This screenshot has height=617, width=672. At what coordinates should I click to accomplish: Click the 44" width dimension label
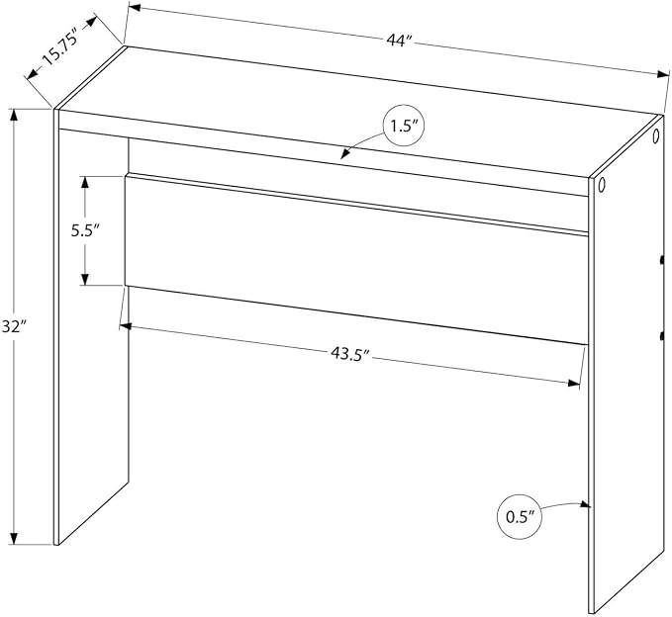pos(399,42)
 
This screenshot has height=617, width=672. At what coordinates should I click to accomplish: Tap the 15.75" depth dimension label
pos(60,46)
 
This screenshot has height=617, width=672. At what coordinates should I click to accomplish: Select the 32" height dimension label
pos(13,326)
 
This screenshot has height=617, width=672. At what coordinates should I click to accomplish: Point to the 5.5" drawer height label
pos(85,231)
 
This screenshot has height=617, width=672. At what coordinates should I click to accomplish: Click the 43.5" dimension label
pos(349,353)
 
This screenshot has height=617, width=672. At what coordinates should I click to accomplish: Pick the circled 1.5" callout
pos(403,127)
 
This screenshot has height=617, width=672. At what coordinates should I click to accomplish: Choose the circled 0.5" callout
pos(520,517)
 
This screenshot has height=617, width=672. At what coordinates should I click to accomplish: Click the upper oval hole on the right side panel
pos(655,136)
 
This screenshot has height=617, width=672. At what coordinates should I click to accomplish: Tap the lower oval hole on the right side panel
pos(601,185)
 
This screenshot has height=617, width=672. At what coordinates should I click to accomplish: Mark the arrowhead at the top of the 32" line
pos(14,116)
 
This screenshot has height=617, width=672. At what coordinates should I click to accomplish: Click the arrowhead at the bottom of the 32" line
pos(14,538)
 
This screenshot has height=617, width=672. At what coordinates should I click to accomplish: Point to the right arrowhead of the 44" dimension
pos(663,74)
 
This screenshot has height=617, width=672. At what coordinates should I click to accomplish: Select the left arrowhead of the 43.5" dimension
pos(125,326)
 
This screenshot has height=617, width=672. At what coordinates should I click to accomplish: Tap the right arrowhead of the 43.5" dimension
pos(573,383)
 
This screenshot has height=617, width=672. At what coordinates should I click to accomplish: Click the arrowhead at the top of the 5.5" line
pos(85,182)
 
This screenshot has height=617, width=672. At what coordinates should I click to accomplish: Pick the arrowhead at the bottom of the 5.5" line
pos(85,279)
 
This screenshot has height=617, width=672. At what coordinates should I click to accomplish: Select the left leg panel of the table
pos(91,325)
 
